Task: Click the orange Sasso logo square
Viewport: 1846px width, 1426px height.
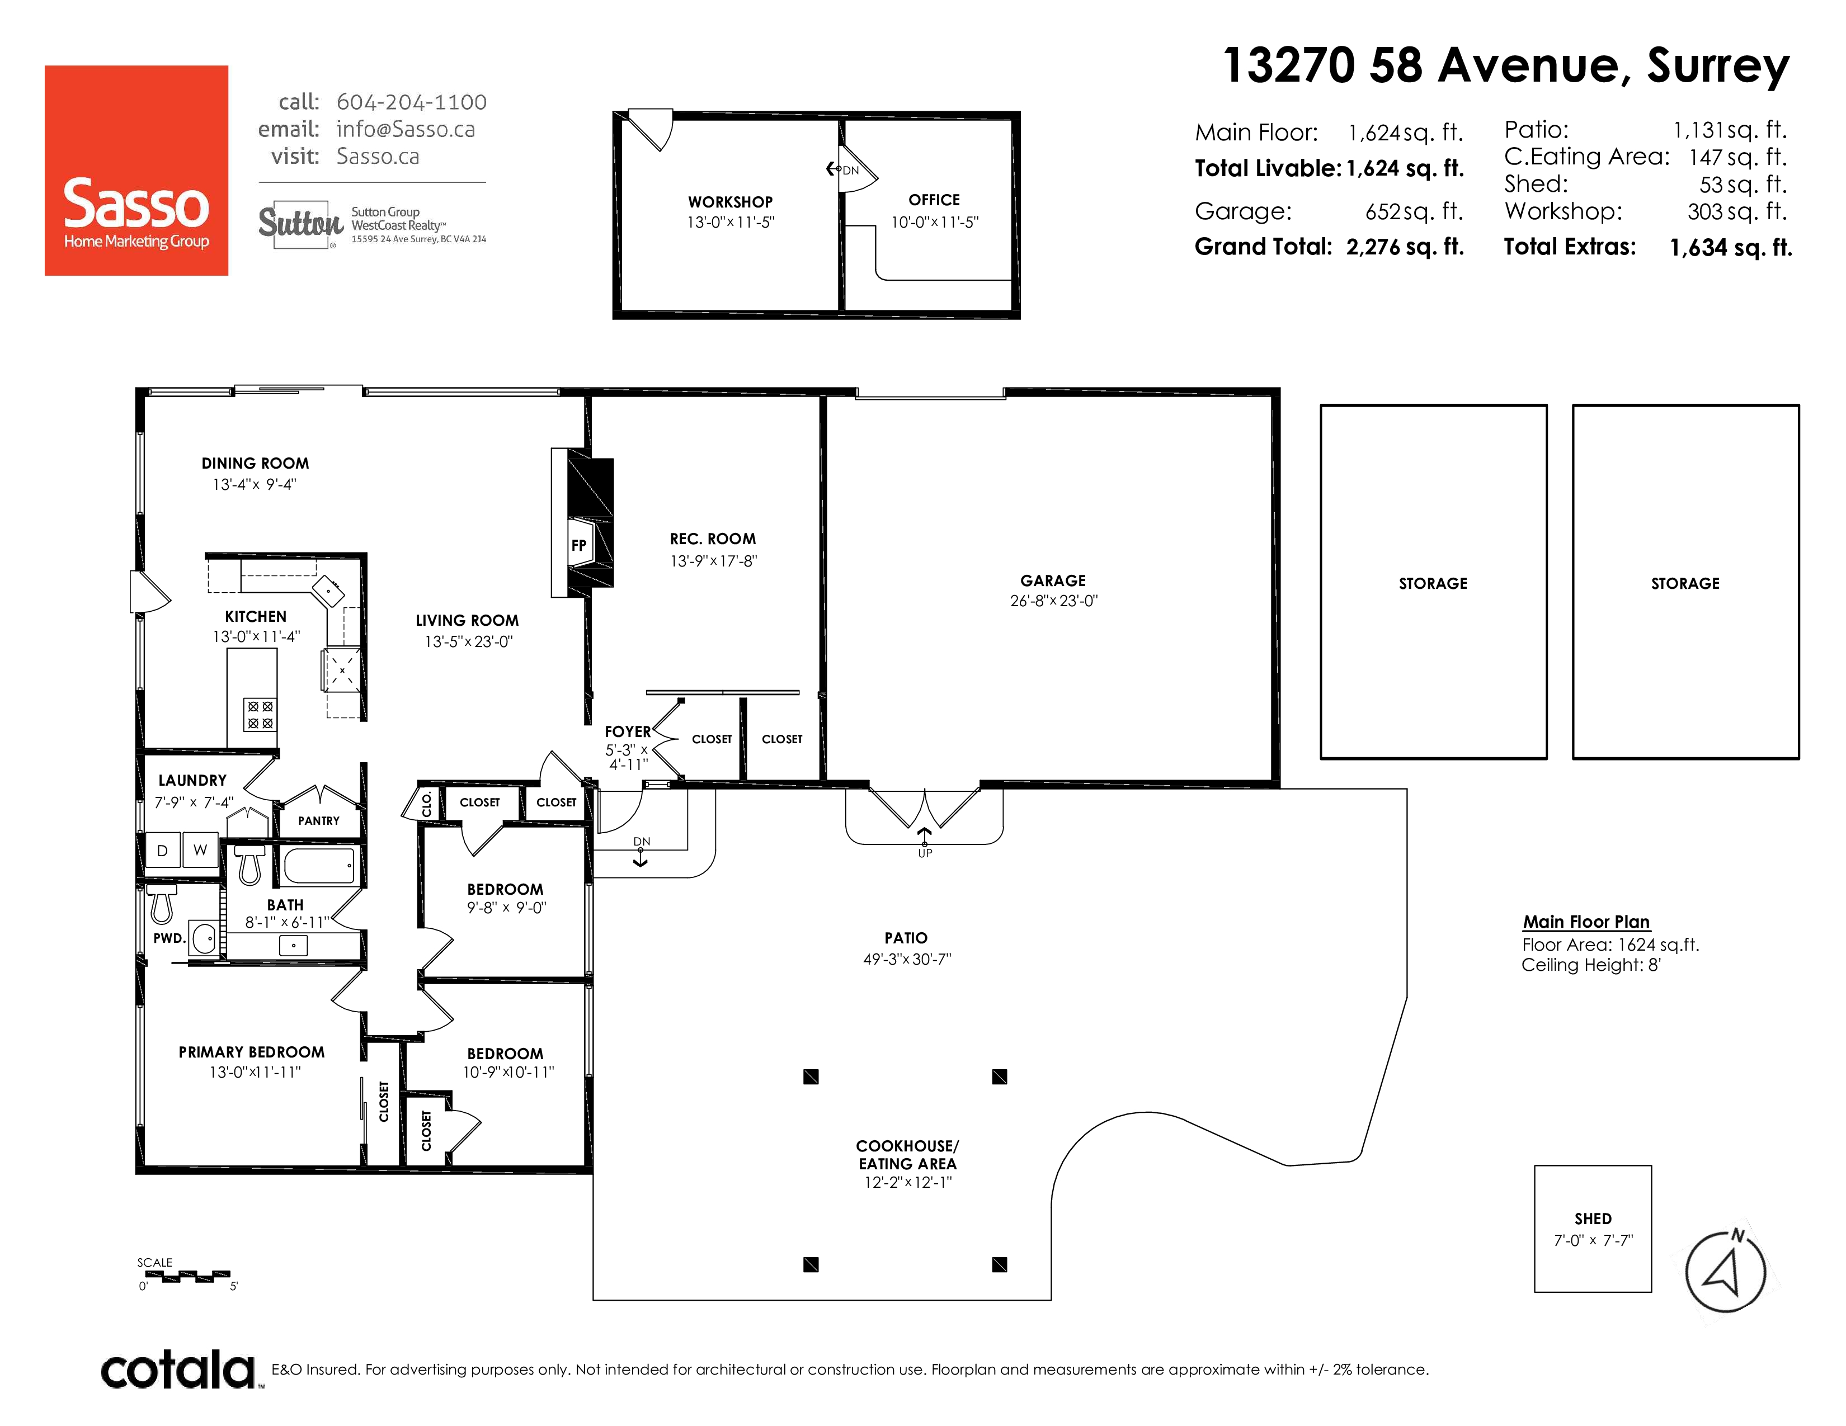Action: pyautogui.click(x=136, y=170)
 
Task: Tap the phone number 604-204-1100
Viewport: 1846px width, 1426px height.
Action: pyautogui.click(x=412, y=102)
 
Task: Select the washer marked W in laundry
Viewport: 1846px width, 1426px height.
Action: pyautogui.click(x=200, y=850)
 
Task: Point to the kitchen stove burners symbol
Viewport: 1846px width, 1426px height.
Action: pyautogui.click(x=260, y=714)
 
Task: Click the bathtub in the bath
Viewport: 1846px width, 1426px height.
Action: pyautogui.click(x=319, y=866)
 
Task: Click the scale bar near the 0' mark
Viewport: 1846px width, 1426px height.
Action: pyautogui.click(x=184, y=1276)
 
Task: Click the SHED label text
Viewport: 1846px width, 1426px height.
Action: pyautogui.click(x=1593, y=1218)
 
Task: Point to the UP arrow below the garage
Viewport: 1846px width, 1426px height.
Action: pyautogui.click(x=925, y=837)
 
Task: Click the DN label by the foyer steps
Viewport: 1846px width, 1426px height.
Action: pyautogui.click(x=642, y=842)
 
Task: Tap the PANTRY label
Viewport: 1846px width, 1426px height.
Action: pyautogui.click(x=319, y=820)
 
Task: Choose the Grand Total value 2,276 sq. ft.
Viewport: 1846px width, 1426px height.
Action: pyautogui.click(x=1405, y=247)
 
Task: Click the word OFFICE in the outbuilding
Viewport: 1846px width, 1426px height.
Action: pyautogui.click(x=934, y=200)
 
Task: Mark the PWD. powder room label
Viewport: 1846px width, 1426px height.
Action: pyautogui.click(x=169, y=938)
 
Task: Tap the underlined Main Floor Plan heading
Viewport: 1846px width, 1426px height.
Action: pyautogui.click(x=1586, y=922)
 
